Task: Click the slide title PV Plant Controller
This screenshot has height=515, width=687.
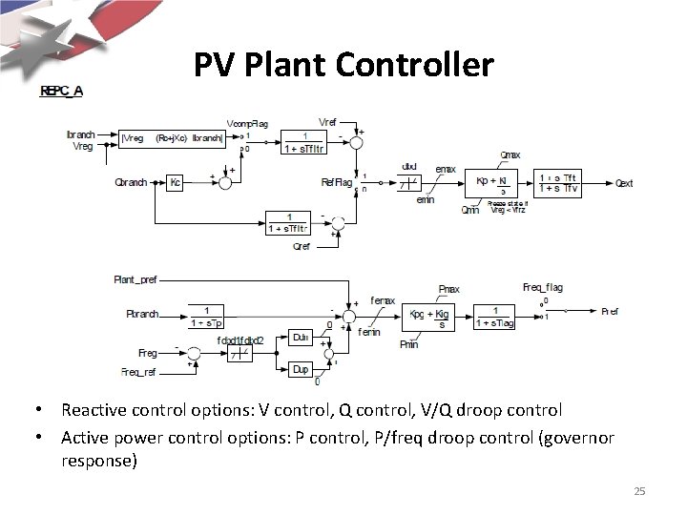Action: [x=343, y=65]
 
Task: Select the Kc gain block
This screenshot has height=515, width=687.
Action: [x=175, y=182]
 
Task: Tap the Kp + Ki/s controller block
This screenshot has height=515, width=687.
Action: [x=496, y=181]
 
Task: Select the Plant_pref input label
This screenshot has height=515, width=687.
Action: [x=135, y=280]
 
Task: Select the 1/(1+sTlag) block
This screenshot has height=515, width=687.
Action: [x=494, y=317]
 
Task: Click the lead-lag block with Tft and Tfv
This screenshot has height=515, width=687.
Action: [x=561, y=181]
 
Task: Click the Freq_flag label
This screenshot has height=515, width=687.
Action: [x=542, y=287]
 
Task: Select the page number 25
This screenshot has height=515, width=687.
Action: [x=640, y=491]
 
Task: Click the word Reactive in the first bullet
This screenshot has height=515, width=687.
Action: [x=91, y=411]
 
